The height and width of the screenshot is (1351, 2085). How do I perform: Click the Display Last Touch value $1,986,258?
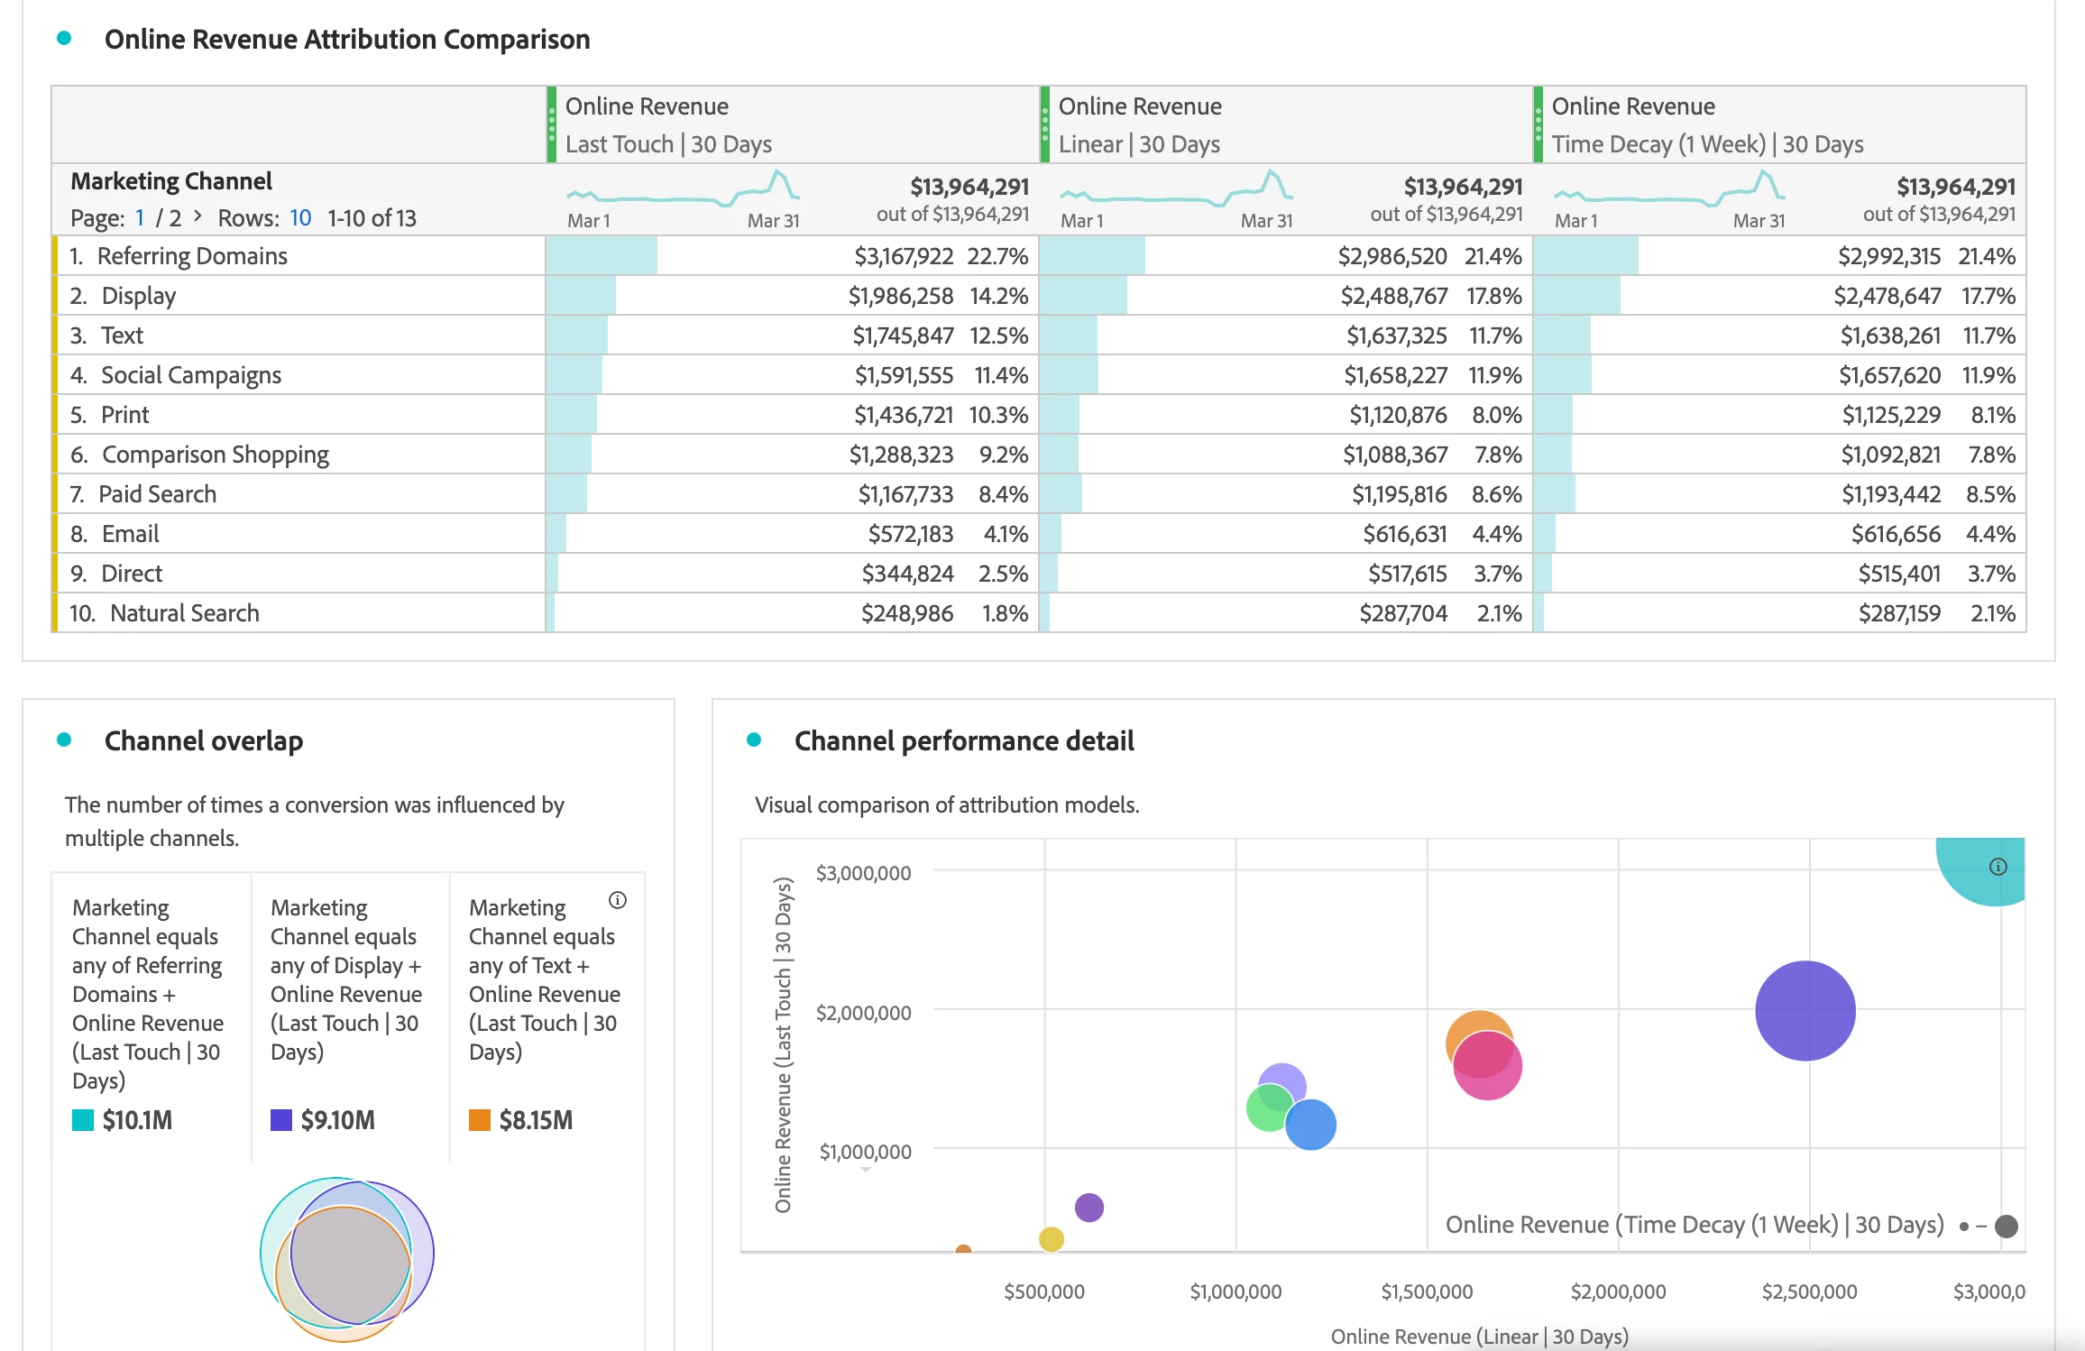coord(900,296)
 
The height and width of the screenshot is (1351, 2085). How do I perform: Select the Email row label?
coord(130,534)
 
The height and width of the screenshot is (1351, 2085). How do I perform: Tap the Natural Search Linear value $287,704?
coord(1402,613)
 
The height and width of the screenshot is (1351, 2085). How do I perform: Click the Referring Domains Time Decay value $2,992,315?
coord(1888,256)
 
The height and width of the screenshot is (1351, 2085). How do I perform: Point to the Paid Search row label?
coord(157,494)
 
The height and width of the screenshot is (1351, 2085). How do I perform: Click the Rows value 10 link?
coord(300,218)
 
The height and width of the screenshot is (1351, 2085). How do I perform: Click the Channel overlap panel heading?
coord(204,740)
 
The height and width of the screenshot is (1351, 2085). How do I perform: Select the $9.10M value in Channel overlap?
coord(337,1120)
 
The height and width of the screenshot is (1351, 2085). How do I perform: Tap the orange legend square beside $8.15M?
coord(480,1120)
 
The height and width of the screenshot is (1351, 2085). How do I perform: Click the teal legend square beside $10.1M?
coord(83,1120)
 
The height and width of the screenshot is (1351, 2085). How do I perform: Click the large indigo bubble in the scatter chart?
coord(1805,1010)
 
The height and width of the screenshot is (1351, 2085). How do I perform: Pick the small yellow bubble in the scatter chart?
coord(1051,1239)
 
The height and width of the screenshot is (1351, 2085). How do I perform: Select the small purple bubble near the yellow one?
coord(1088,1207)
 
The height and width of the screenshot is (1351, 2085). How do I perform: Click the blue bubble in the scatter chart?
coord(1310,1125)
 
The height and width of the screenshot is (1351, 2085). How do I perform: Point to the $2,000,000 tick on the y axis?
coord(863,1013)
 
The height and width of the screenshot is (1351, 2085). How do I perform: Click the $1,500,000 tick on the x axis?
coord(1427,1291)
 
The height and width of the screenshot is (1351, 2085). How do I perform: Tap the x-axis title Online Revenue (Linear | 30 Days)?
coord(1479,1337)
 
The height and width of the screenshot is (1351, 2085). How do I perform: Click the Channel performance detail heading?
coord(963,740)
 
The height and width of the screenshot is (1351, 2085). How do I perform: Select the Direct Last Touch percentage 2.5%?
coord(1003,574)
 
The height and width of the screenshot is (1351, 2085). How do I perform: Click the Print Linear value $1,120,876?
coord(1397,415)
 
